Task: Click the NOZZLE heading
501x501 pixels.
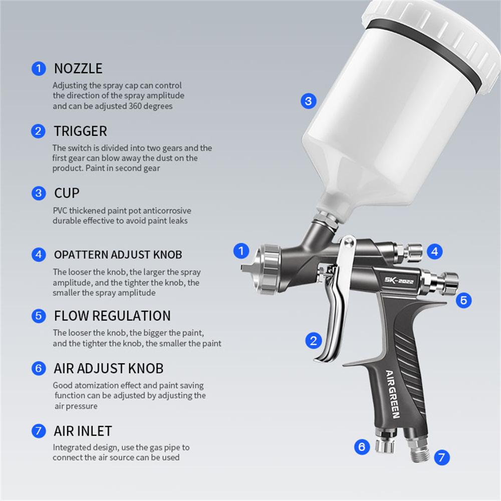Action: [78, 68]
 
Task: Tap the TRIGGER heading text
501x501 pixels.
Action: [80, 131]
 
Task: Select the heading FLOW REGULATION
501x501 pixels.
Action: [112, 316]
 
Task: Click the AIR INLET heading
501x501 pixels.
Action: [83, 431]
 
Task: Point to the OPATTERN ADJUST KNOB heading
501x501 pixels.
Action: [118, 255]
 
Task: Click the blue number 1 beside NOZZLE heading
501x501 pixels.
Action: [39, 68]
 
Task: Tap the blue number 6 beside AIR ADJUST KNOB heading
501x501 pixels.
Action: [39, 369]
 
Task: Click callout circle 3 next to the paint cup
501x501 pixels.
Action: [308, 101]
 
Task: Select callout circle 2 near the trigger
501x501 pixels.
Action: [313, 341]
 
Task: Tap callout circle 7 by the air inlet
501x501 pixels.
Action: [441, 456]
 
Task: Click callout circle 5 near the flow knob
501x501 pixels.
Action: [463, 300]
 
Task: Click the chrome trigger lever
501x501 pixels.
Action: [333, 321]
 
